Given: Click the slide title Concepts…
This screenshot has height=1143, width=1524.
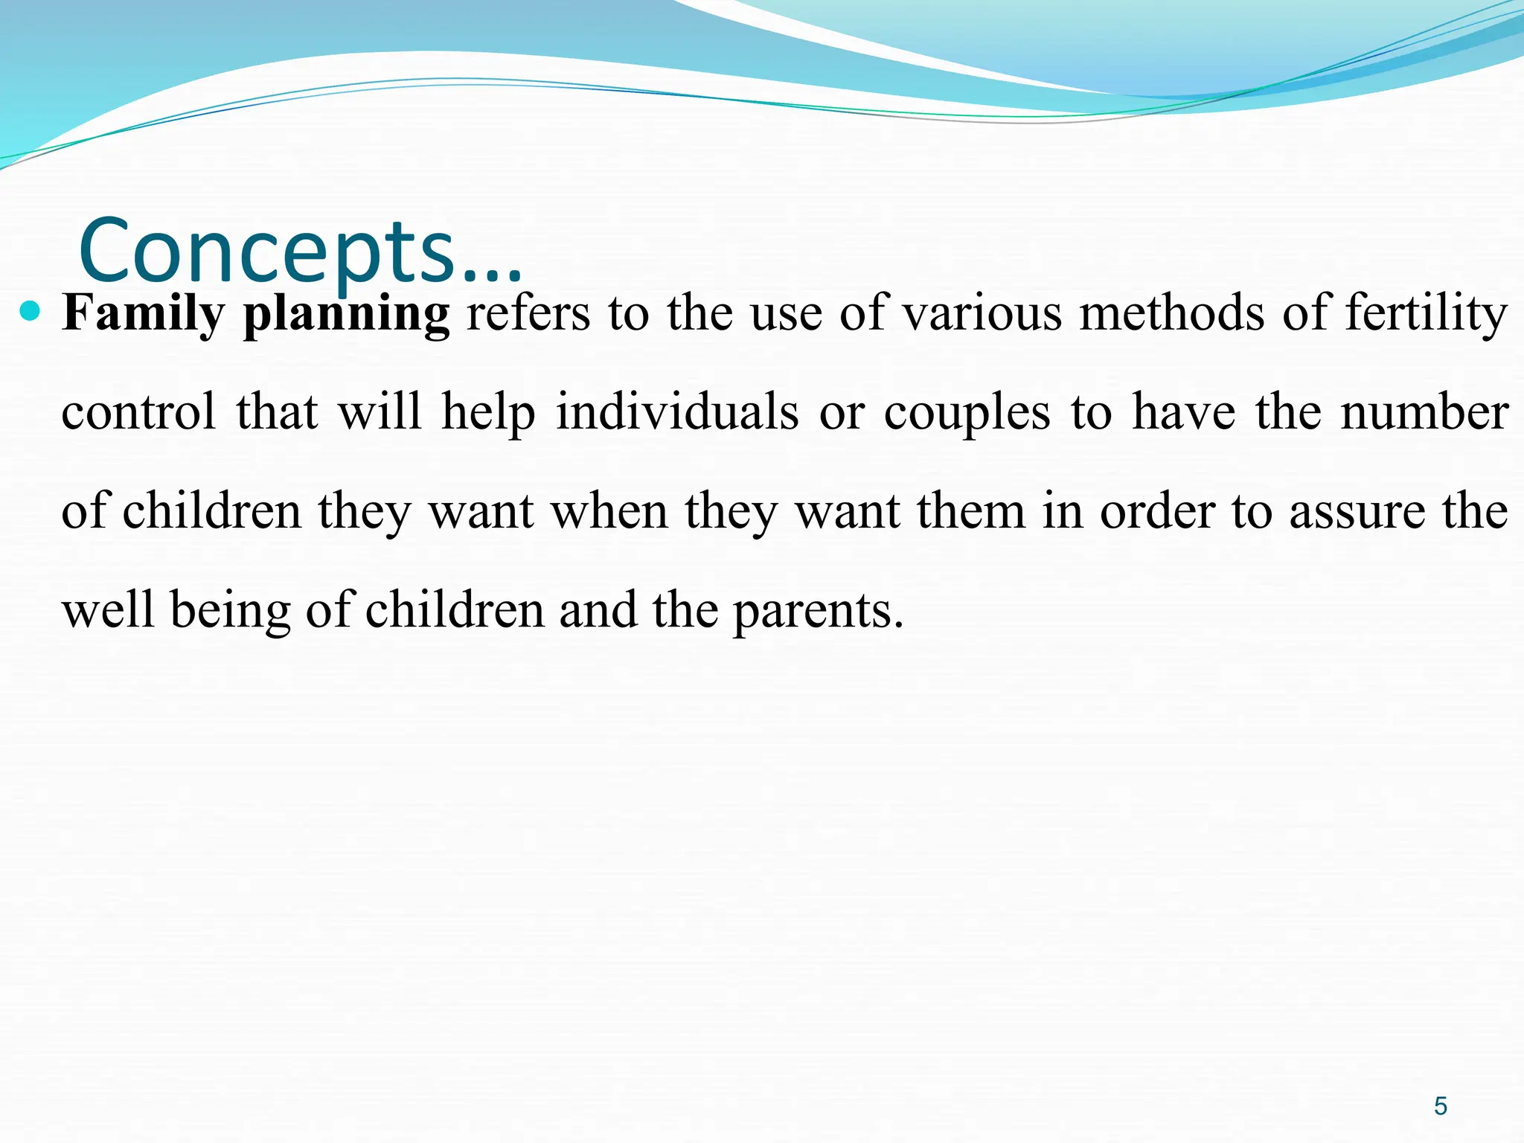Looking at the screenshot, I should (x=300, y=252).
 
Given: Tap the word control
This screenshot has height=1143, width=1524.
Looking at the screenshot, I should (x=138, y=412).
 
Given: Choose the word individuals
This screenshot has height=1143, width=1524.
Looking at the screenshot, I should (x=677, y=412).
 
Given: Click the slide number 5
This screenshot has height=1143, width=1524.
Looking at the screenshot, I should (x=1440, y=1107).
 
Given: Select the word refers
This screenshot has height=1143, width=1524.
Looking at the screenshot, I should (x=528, y=313).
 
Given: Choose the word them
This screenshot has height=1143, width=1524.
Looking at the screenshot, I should (x=971, y=512).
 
